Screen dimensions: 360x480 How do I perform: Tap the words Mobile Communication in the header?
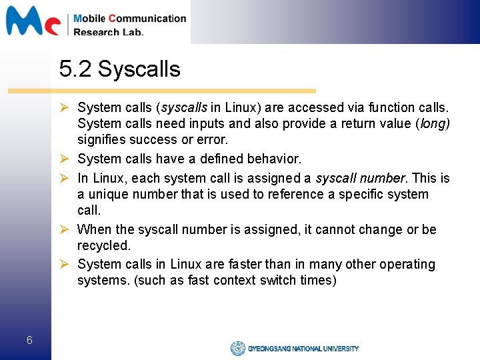point(130,19)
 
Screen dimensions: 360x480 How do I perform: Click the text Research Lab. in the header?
point(108,32)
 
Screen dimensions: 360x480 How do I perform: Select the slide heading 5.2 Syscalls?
point(119,68)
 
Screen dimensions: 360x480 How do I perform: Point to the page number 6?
point(29,341)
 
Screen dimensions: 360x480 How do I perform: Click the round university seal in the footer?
point(237,348)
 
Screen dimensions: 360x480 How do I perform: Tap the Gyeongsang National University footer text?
point(303,349)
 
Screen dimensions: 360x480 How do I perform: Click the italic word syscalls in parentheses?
point(185,107)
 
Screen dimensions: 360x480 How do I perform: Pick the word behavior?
point(275,159)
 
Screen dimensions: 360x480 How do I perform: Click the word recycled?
point(104,245)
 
